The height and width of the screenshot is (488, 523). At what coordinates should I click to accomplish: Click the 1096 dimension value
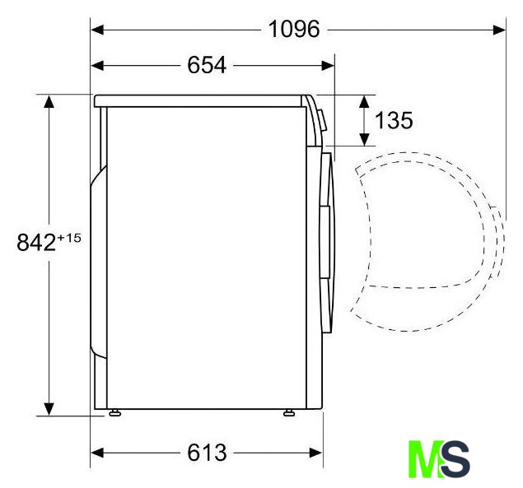tap(294, 29)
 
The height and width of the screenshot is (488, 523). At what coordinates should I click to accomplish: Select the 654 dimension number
tap(207, 65)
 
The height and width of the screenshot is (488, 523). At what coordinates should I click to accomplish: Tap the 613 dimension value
tap(207, 453)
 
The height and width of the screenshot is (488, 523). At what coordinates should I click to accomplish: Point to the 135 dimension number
tap(394, 120)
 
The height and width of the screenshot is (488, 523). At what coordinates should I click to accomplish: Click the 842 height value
tap(36, 242)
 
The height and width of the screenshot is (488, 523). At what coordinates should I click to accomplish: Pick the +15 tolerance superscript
tap(69, 238)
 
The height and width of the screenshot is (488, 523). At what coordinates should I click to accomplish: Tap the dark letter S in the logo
tap(455, 458)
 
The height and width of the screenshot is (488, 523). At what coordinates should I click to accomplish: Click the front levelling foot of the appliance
tap(289, 413)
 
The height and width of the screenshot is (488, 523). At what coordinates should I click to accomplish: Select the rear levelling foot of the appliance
tap(114, 413)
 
